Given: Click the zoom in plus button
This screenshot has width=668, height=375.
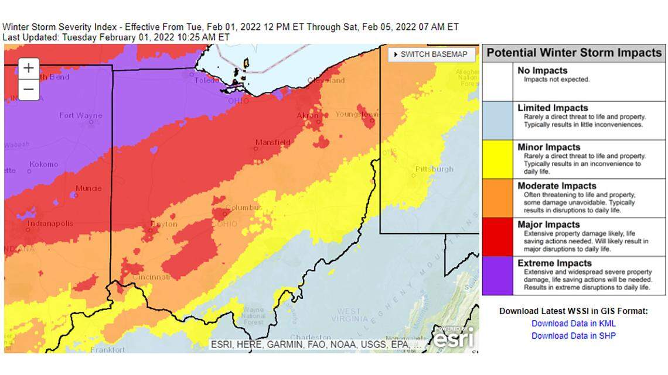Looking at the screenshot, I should click(x=29, y=68).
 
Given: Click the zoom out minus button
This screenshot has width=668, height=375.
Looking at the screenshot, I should click(x=29, y=90).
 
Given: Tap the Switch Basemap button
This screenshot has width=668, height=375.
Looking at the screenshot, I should click(x=430, y=54).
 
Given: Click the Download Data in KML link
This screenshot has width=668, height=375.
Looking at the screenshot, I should click(x=573, y=324).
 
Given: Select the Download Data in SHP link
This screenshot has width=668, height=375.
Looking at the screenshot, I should click(x=573, y=336).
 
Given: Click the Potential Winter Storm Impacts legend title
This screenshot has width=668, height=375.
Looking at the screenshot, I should click(x=574, y=53).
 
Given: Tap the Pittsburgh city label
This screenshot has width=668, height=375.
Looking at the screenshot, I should click(x=434, y=170).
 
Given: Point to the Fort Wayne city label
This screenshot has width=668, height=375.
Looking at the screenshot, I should click(x=80, y=116).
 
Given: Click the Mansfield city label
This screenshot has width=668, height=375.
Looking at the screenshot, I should click(x=272, y=142).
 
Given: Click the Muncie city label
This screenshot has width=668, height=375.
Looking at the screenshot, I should click(x=88, y=188).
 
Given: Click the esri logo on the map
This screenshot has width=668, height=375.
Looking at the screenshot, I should click(x=455, y=338).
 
